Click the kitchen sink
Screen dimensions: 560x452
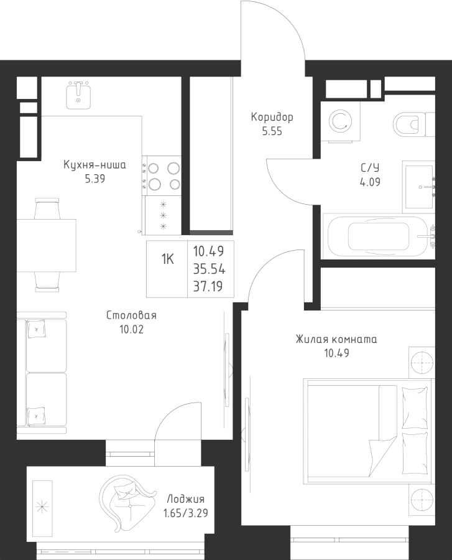click(79, 95)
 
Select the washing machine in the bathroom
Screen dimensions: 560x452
click(339, 120)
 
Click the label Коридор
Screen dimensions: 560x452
click(272, 117)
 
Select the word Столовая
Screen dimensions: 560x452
click(131, 315)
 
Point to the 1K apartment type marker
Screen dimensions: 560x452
click(168, 259)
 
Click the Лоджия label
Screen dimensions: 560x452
click(185, 500)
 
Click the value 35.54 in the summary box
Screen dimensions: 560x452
click(209, 269)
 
